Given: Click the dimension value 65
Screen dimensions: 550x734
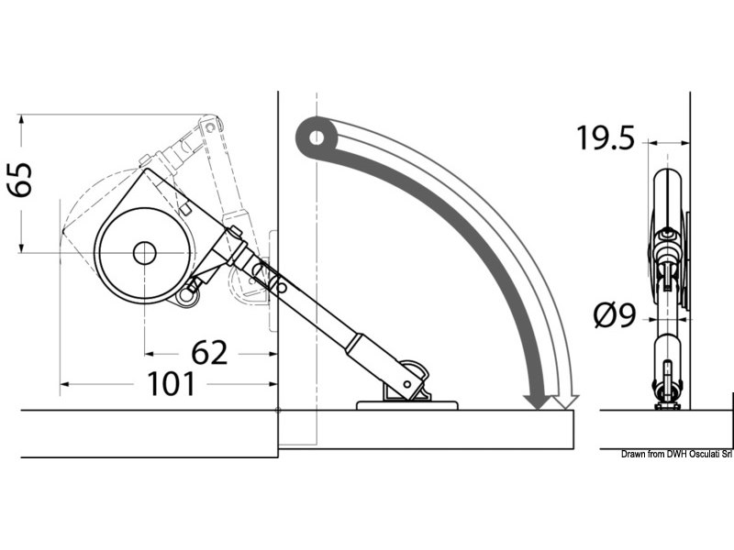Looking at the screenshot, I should [20, 181].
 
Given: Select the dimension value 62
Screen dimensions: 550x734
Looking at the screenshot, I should [209, 352].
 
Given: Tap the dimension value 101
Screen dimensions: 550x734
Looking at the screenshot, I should [172, 384].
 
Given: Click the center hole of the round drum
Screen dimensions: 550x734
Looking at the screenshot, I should [143, 254].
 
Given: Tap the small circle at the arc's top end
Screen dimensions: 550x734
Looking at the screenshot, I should [316, 138].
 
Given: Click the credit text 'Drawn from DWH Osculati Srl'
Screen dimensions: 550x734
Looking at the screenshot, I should [676, 455].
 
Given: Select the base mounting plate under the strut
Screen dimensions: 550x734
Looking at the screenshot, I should [407, 403].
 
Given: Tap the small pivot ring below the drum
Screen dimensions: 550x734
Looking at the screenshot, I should [190, 294].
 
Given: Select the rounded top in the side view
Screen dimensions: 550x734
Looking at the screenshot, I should [667, 183].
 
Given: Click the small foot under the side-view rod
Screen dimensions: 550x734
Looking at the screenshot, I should [667, 403].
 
